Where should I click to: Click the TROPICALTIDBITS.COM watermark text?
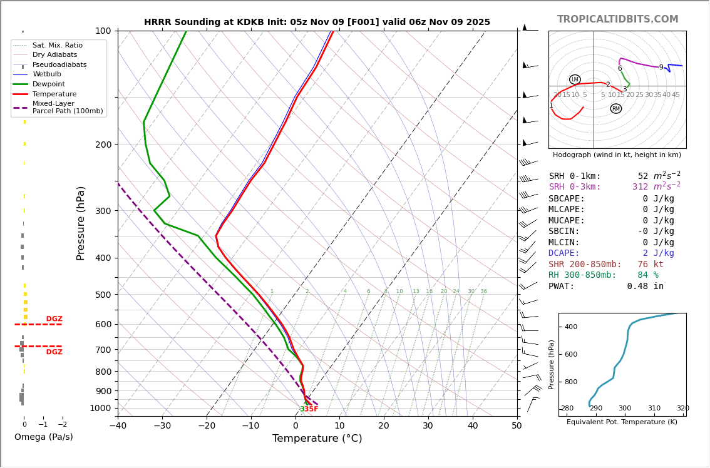(x=617, y=19)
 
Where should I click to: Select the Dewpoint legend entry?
(x=48, y=84)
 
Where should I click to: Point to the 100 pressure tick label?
(x=103, y=31)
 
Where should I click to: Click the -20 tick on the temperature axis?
(x=206, y=426)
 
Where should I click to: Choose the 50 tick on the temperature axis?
(x=517, y=426)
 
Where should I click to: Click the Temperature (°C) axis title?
(x=317, y=439)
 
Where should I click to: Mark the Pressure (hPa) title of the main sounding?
(x=81, y=223)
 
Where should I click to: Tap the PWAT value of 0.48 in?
(x=645, y=287)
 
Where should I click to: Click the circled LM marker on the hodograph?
(x=575, y=79)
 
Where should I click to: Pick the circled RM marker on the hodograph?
(x=616, y=109)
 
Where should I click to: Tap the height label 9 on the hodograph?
(x=661, y=68)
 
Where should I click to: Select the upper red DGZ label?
(x=54, y=319)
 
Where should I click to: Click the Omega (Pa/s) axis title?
(x=44, y=437)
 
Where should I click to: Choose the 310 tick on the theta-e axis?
(x=654, y=409)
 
